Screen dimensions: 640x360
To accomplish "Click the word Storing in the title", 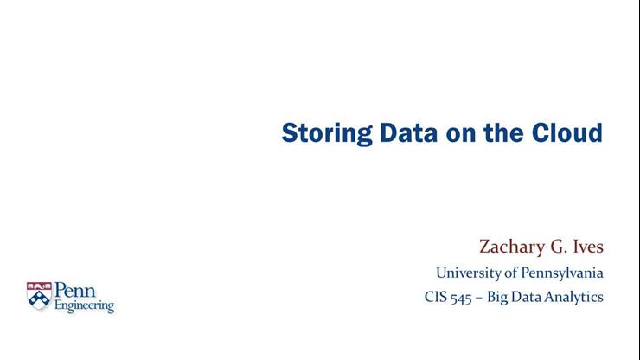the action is [x=327, y=133].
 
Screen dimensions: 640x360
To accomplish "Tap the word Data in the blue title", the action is [x=408, y=132].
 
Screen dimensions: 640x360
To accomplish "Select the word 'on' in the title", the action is [x=461, y=135].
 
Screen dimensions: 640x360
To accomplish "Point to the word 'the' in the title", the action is [x=503, y=132].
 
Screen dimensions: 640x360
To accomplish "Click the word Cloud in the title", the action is [x=567, y=132].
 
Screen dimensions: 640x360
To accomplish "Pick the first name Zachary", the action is [x=512, y=247].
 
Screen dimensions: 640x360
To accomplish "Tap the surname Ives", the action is [x=588, y=247].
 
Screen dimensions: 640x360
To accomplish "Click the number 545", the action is [x=461, y=298].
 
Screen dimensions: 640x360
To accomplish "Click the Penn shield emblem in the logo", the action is [x=39, y=295].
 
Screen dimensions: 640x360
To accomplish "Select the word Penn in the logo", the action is [x=75, y=290].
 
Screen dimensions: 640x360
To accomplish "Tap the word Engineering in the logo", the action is [x=85, y=306].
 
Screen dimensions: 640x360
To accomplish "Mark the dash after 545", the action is [x=479, y=299].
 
